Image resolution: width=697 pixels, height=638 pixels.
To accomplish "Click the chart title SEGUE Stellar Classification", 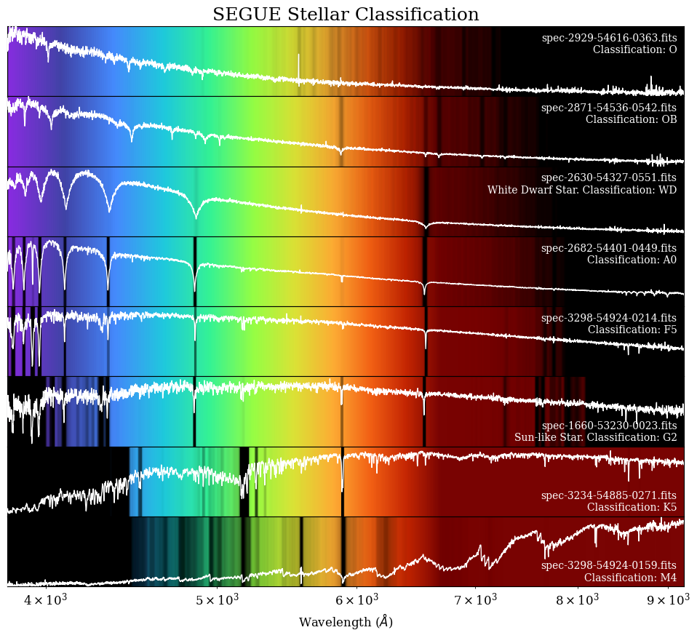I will tap(346, 15).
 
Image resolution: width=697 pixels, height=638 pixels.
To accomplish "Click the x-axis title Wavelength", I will tap(346, 622).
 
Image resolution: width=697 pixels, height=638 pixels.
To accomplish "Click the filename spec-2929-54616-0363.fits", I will tap(609, 38).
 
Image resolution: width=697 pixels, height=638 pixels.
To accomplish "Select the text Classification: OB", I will tap(631, 119).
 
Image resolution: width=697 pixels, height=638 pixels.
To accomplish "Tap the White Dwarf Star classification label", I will tap(581, 190).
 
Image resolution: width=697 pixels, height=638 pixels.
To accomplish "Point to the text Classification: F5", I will tap(632, 330).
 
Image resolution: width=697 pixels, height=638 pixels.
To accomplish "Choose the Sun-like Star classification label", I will tap(595, 437).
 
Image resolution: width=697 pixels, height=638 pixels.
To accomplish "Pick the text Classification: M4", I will tap(630, 578).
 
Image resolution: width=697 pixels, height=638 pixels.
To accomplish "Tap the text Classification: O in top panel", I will tap(634, 49).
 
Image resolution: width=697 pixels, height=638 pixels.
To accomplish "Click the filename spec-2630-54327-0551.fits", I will tap(608, 178).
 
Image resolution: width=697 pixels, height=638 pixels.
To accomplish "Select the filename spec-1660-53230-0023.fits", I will tap(609, 426).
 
